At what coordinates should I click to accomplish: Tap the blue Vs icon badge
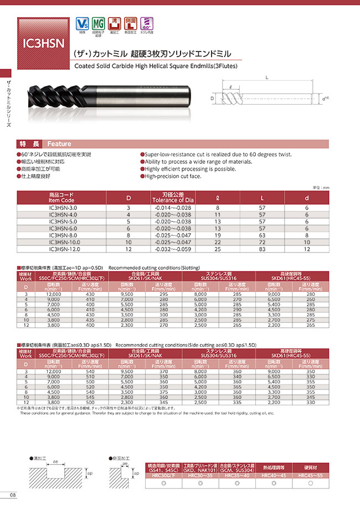coord(82,24)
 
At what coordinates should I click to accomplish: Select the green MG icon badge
coord(98,24)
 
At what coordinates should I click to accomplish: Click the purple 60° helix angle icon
coord(147,24)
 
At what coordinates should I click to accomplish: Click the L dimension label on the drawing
coord(267,78)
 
